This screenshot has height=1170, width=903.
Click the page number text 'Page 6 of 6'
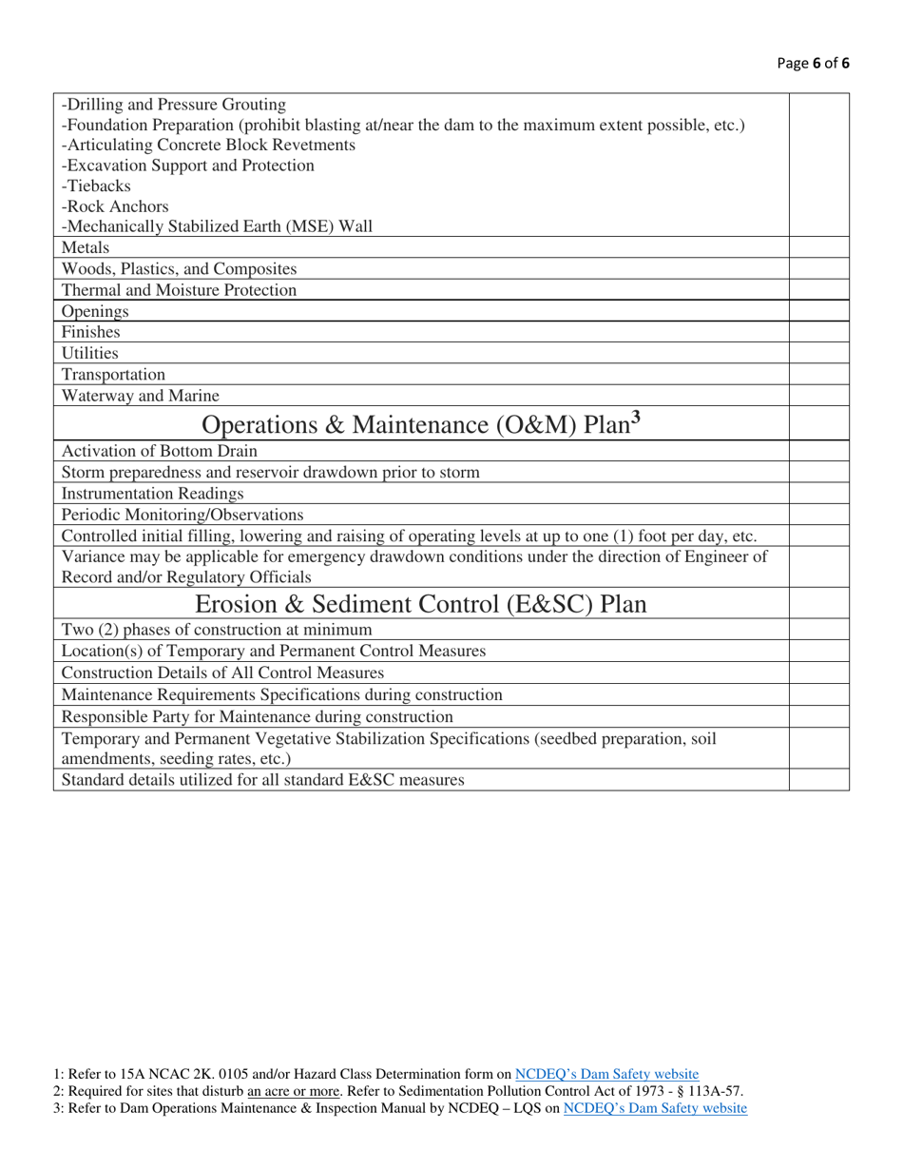[813, 64]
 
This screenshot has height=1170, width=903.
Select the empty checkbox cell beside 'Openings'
[819, 311]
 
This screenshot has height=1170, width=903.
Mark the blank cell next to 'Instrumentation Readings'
[819, 494]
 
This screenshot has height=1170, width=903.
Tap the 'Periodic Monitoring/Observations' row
[183, 515]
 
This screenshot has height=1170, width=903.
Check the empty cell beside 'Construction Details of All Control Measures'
[819, 673]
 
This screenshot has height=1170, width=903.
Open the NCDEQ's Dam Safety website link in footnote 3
[655, 1108]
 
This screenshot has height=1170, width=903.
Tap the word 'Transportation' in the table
[113, 375]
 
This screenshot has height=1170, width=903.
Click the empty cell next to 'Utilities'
[819, 354]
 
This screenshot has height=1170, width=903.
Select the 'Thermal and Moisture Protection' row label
[179, 290]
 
